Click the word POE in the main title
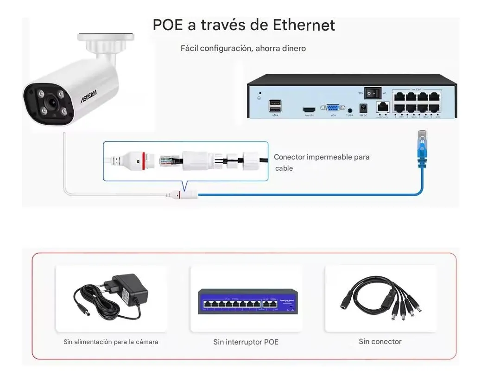click(x=168, y=25)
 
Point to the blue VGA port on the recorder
click(x=333, y=108)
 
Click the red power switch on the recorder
click(x=371, y=94)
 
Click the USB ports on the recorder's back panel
click(x=273, y=105)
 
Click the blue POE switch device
click(x=248, y=302)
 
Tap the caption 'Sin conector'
click(x=380, y=342)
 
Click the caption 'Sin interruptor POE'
click(x=246, y=342)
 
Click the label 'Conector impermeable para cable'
click(x=321, y=162)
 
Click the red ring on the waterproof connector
click(x=145, y=160)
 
